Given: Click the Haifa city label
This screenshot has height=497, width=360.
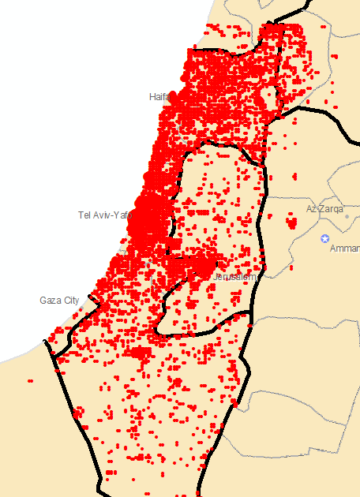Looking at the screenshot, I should (159, 96).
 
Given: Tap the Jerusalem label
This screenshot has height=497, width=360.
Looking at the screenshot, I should (234, 277).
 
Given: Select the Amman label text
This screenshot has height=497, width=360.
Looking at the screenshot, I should (344, 248).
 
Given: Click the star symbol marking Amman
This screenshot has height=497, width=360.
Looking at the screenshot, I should (324, 237).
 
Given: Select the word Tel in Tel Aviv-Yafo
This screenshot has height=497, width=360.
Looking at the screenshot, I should (84, 215).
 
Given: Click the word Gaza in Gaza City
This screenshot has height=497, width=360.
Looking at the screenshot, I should (49, 301).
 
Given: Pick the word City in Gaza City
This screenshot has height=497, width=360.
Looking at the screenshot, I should (70, 301).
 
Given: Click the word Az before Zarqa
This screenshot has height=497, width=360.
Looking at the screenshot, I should (311, 209).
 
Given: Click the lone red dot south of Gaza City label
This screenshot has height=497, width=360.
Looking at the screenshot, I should (31, 380).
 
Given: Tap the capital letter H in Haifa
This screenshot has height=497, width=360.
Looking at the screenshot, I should (152, 96).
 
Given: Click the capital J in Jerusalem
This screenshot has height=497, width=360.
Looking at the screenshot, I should (215, 277).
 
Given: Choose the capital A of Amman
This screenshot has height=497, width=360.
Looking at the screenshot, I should (332, 248).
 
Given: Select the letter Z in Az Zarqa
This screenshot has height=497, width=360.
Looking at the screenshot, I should (320, 209).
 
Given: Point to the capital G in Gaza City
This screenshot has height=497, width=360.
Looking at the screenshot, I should (43, 301).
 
